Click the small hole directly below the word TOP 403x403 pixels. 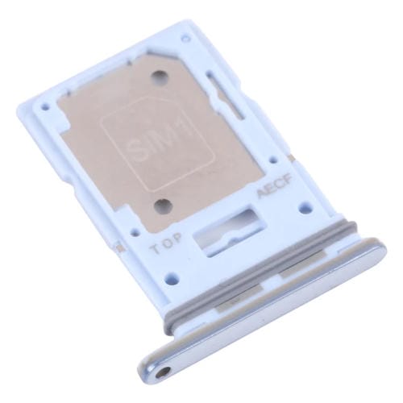164,263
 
